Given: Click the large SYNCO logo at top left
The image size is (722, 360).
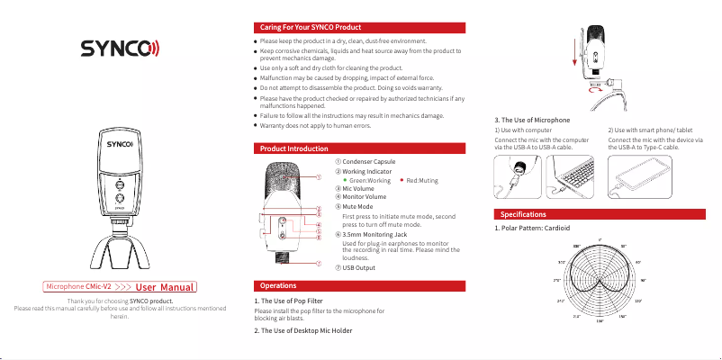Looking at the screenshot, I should [120, 48].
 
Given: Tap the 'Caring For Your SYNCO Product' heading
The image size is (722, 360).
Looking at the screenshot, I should [311, 29].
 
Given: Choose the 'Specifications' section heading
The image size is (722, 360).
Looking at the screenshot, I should [522, 214].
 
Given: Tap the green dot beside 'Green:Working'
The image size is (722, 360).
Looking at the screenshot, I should [345, 180].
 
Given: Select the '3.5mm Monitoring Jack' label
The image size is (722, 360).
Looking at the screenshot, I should [374, 234].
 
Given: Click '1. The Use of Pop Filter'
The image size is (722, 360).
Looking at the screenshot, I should [288, 300].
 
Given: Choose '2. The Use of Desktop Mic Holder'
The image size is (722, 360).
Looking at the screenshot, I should [302, 330].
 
